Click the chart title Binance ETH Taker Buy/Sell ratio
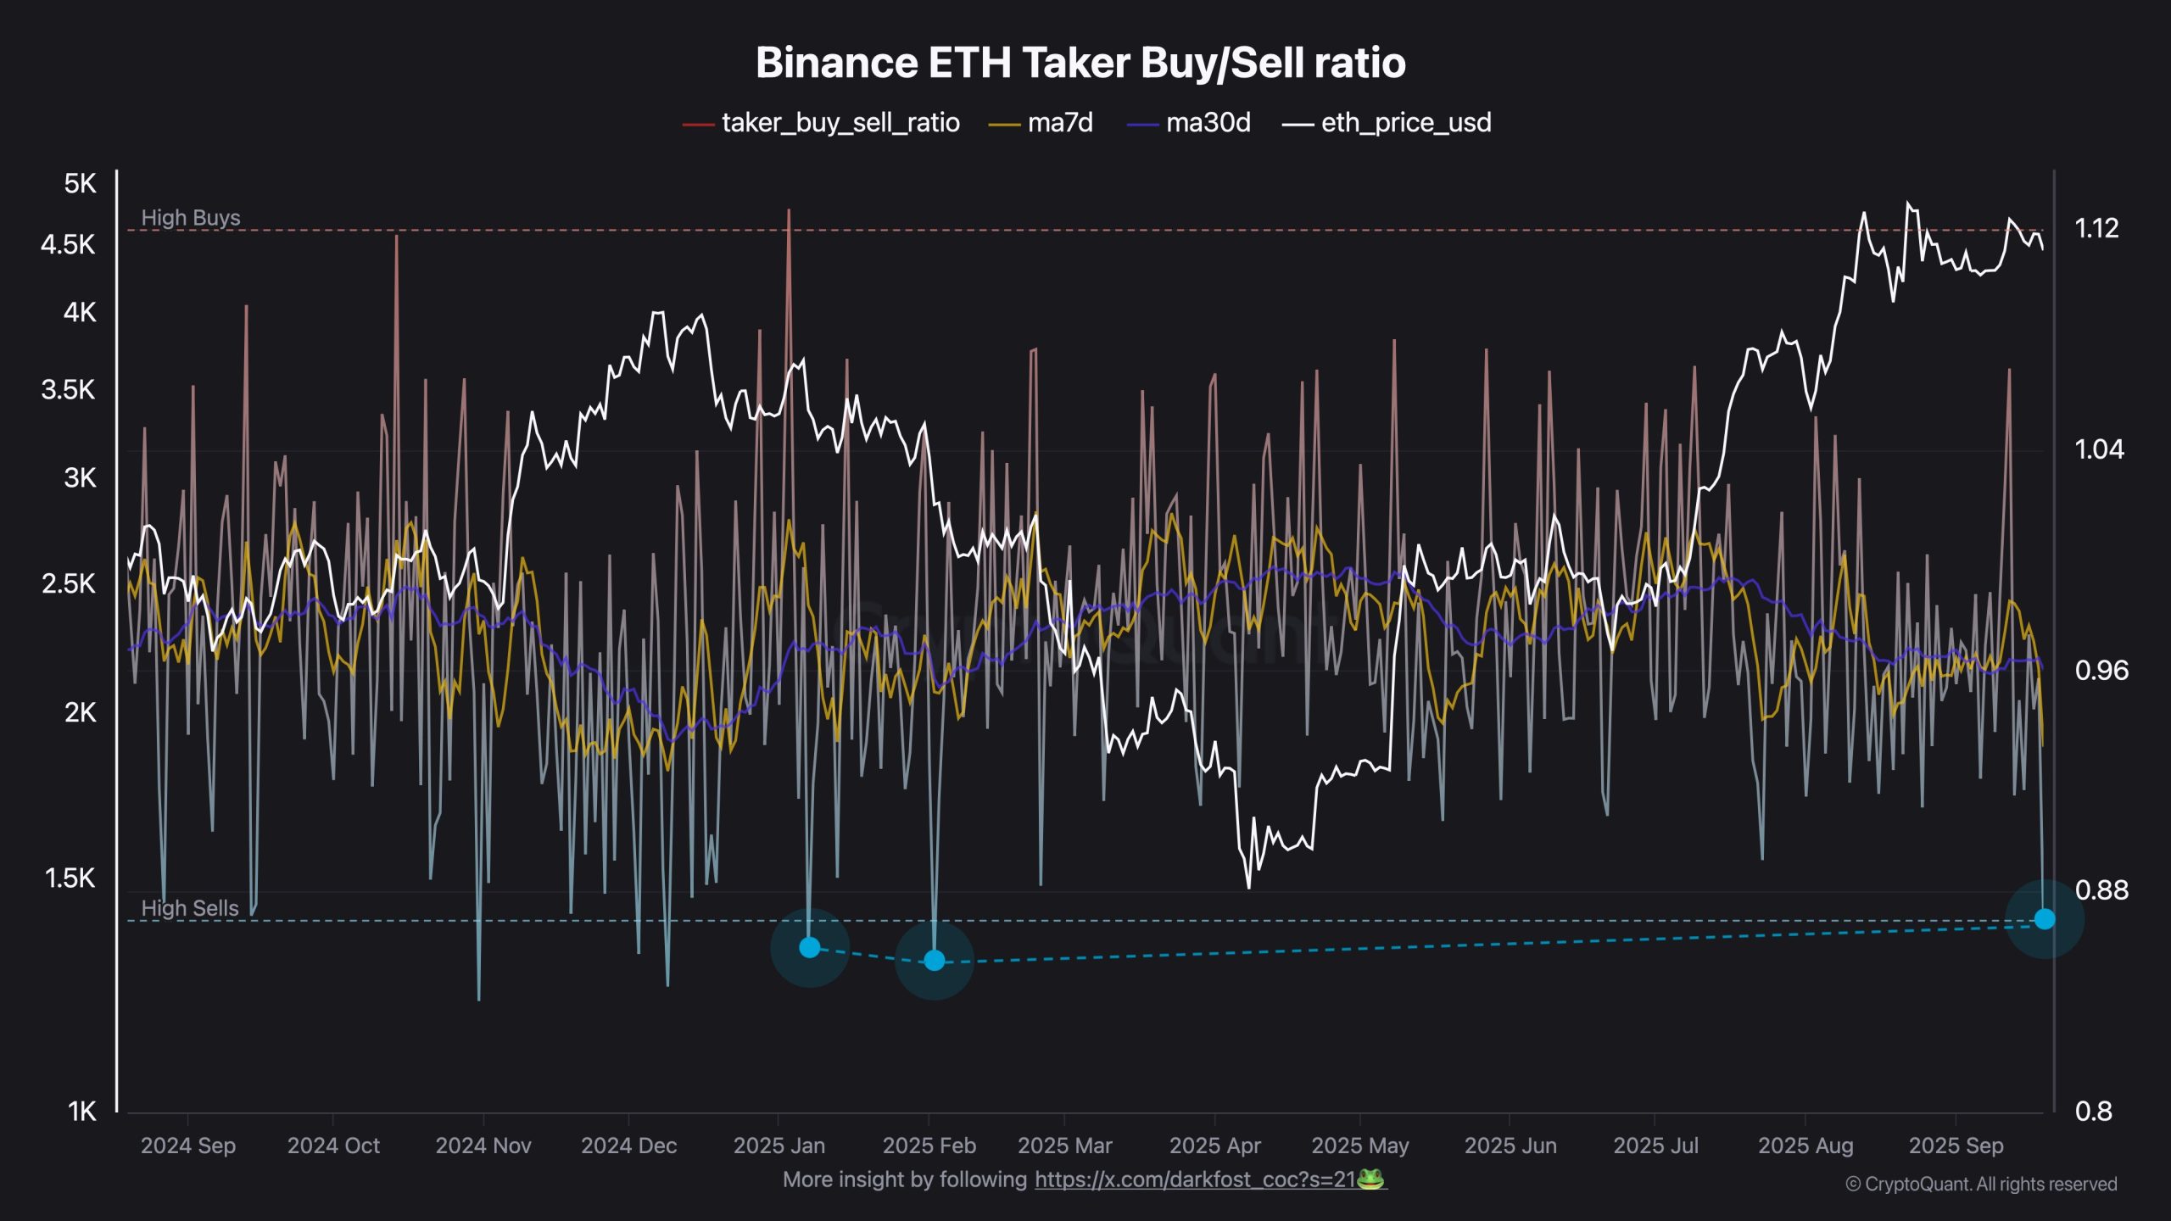(1080, 63)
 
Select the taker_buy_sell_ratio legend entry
(840, 123)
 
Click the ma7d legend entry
(1059, 123)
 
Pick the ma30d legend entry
(1208, 123)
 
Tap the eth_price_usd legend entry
(1405, 123)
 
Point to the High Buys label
(190, 218)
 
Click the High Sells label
(189, 908)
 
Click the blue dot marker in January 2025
(810, 947)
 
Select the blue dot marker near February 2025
(934, 960)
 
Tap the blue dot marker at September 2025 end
(2044, 918)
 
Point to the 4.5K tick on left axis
(68, 245)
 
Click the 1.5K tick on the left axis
(69, 878)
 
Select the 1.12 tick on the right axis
(2096, 228)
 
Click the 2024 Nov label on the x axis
(483, 1146)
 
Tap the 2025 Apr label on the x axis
(1214, 1146)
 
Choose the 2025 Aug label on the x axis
(1805, 1146)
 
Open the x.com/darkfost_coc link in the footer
(1194, 1179)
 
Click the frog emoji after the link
(1370, 1179)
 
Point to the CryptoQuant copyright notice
(1981, 1184)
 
